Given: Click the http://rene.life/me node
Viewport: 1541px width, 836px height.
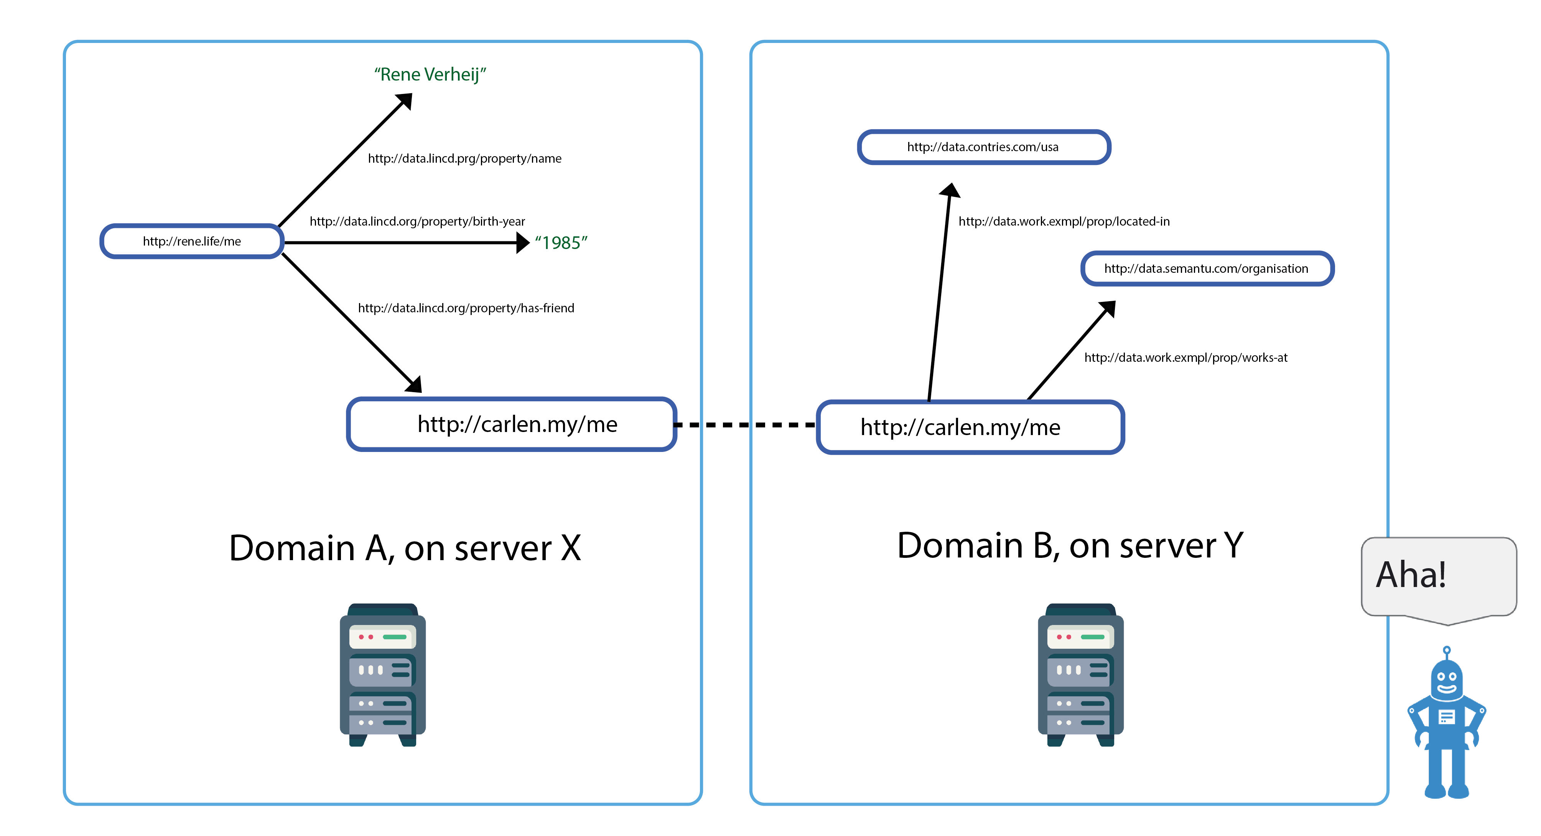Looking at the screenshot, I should (191, 241).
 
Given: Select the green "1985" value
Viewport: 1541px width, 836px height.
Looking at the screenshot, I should (561, 242).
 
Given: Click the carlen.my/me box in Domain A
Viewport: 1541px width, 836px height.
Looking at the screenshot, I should (512, 424).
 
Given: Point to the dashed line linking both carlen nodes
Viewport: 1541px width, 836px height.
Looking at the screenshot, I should (745, 425).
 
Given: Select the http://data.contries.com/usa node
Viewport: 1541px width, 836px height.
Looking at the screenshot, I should (983, 147).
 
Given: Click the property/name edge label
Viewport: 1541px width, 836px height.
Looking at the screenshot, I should (464, 158).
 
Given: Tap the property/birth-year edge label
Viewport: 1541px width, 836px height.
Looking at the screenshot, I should (417, 221).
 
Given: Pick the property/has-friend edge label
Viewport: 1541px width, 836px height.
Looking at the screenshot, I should (466, 308).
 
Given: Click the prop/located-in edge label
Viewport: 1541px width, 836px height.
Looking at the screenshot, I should (1064, 221).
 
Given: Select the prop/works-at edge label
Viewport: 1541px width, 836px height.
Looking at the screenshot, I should (1185, 358).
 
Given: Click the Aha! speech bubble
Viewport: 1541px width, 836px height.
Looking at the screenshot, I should (1438, 575).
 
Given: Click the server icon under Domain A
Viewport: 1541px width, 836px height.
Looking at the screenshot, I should (383, 675).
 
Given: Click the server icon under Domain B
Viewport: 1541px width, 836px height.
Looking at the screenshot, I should (1080, 675).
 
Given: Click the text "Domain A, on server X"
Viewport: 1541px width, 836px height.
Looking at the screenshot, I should (405, 547).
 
